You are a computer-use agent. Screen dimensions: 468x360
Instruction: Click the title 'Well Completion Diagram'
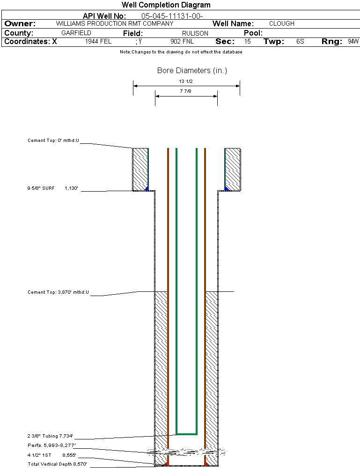click(166, 5)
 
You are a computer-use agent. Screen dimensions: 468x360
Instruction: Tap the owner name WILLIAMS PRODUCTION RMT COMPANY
click(114, 23)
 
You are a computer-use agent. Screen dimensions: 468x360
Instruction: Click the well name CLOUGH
click(281, 23)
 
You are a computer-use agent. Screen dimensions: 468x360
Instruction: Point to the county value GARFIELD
click(76, 33)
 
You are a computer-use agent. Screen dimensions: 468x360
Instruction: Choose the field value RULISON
click(195, 33)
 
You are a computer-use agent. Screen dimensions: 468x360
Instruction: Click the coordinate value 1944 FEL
click(98, 42)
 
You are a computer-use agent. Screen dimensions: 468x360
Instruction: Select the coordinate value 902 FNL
click(182, 42)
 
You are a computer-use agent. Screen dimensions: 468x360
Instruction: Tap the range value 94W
click(353, 42)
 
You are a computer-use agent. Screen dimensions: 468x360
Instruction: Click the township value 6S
click(300, 42)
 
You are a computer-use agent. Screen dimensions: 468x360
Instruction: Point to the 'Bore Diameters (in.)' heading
click(192, 71)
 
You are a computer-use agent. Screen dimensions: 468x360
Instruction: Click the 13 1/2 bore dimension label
click(186, 82)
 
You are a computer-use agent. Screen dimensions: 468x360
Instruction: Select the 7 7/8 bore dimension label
click(186, 92)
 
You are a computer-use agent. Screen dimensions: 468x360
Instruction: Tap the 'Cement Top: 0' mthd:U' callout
click(53, 140)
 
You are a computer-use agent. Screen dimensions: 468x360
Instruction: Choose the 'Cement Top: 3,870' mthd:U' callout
click(58, 292)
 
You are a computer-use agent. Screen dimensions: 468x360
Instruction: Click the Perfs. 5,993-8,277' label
click(51, 445)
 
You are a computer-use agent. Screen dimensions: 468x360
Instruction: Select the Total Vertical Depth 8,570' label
click(57, 464)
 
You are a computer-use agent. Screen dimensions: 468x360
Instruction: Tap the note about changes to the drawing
click(181, 52)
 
